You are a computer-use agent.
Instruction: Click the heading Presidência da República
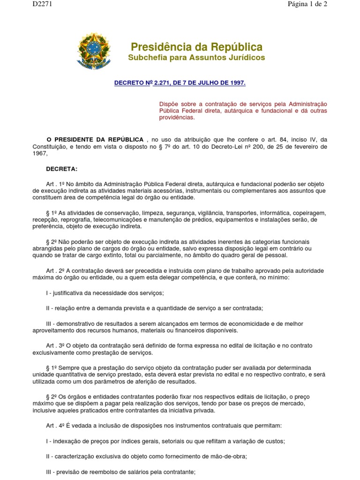pyautogui.click(x=196, y=47)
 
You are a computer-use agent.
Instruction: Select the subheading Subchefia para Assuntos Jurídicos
pyautogui.click(x=196, y=58)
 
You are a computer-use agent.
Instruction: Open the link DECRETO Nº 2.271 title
pyautogui.click(x=180, y=83)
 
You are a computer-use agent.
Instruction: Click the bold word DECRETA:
pyautogui.click(x=61, y=169)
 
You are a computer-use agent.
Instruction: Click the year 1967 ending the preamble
pyautogui.click(x=40, y=153)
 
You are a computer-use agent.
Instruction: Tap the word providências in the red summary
pyautogui.click(x=177, y=118)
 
